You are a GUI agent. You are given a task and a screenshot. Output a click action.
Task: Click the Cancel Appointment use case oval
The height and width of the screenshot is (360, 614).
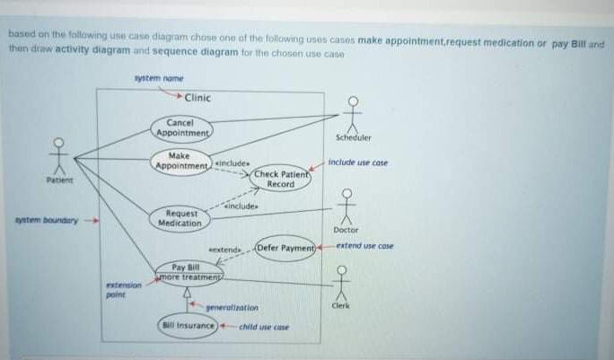point(183,128)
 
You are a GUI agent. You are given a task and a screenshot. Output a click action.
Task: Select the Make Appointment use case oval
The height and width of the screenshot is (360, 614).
point(182,162)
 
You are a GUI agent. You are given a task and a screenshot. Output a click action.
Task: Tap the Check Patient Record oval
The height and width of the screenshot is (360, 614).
point(280,179)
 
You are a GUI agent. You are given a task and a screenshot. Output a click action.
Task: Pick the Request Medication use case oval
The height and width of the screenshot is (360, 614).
point(181,218)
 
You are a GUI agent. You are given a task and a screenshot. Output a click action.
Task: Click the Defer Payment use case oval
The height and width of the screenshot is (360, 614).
point(285,247)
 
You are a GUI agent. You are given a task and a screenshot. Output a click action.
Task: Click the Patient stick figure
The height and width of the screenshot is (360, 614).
point(60,157)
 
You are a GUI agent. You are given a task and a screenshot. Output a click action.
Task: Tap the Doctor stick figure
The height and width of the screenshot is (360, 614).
point(346,206)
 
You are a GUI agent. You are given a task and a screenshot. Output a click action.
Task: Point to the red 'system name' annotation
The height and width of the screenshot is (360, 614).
point(157,79)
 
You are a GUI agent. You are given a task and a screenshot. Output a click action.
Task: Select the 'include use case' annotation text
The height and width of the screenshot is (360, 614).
point(358,162)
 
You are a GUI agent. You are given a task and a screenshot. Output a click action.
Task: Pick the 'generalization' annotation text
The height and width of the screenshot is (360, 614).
point(232,307)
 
